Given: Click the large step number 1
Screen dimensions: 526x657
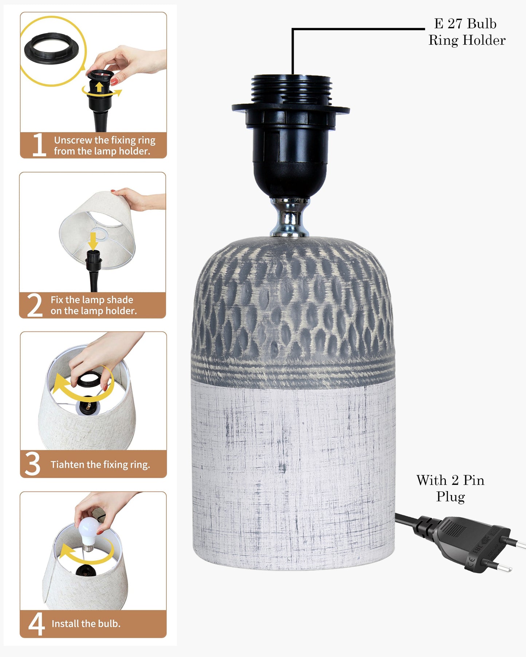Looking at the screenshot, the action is coord(39,145).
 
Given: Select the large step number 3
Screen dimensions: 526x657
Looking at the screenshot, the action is coord(32,464).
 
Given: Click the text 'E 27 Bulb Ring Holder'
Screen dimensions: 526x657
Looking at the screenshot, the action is coord(467,32).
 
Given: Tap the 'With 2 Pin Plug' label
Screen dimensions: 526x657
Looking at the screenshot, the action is coord(450,489).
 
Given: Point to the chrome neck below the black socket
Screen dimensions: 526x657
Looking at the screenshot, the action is coord(290,218).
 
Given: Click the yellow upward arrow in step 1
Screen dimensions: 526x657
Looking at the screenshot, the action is coord(99,87).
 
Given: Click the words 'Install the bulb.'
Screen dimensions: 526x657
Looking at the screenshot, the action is coord(86,624).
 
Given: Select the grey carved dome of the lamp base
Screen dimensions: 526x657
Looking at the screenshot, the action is coord(293,309).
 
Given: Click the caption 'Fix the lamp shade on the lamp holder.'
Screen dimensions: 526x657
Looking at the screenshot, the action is coord(94,305).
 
